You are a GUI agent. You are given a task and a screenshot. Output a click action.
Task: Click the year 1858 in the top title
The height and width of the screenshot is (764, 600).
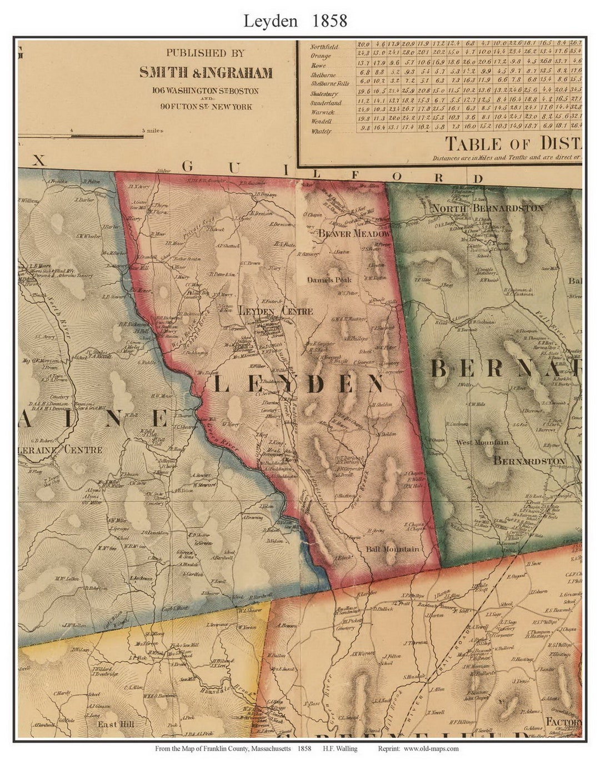click(x=329, y=21)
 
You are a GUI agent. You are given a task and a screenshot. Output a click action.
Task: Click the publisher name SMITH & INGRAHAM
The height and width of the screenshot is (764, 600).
click(x=206, y=73)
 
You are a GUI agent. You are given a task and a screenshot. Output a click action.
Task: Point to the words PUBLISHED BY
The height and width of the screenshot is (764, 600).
click(x=205, y=54)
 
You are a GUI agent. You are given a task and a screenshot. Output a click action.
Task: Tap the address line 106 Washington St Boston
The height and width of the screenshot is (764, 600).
click(x=206, y=90)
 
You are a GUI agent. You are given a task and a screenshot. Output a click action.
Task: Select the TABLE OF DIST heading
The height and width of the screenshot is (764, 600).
click(x=512, y=144)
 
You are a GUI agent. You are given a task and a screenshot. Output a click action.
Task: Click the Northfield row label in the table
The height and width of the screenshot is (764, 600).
click(x=325, y=47)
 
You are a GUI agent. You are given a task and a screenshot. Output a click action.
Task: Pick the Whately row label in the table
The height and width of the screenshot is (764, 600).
click(x=321, y=132)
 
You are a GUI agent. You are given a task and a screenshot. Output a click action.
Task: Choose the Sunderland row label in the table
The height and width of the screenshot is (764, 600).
click(x=326, y=103)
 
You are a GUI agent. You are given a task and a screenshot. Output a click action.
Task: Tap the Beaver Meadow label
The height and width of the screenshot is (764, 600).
click(x=354, y=234)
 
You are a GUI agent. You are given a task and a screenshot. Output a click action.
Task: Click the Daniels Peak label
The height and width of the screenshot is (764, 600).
click(x=329, y=281)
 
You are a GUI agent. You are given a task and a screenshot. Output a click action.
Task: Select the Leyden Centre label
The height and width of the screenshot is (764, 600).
click(x=276, y=311)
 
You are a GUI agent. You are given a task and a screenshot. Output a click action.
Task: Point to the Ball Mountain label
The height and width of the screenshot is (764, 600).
click(x=393, y=549)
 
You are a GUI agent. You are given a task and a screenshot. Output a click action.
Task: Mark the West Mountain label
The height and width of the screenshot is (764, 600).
click(x=482, y=442)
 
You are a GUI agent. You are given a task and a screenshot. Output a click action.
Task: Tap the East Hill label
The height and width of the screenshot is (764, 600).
click(x=115, y=724)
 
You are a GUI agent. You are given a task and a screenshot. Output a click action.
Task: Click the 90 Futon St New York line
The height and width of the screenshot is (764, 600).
click(x=206, y=106)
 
